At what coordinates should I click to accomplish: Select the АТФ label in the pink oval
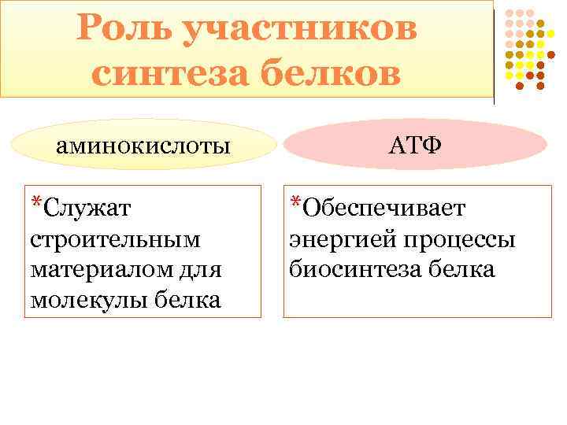tap(414, 146)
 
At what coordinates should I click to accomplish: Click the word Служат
tap(87, 208)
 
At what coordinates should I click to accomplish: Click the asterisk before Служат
tap(35, 203)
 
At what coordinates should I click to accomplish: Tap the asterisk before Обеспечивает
tap(295, 203)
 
